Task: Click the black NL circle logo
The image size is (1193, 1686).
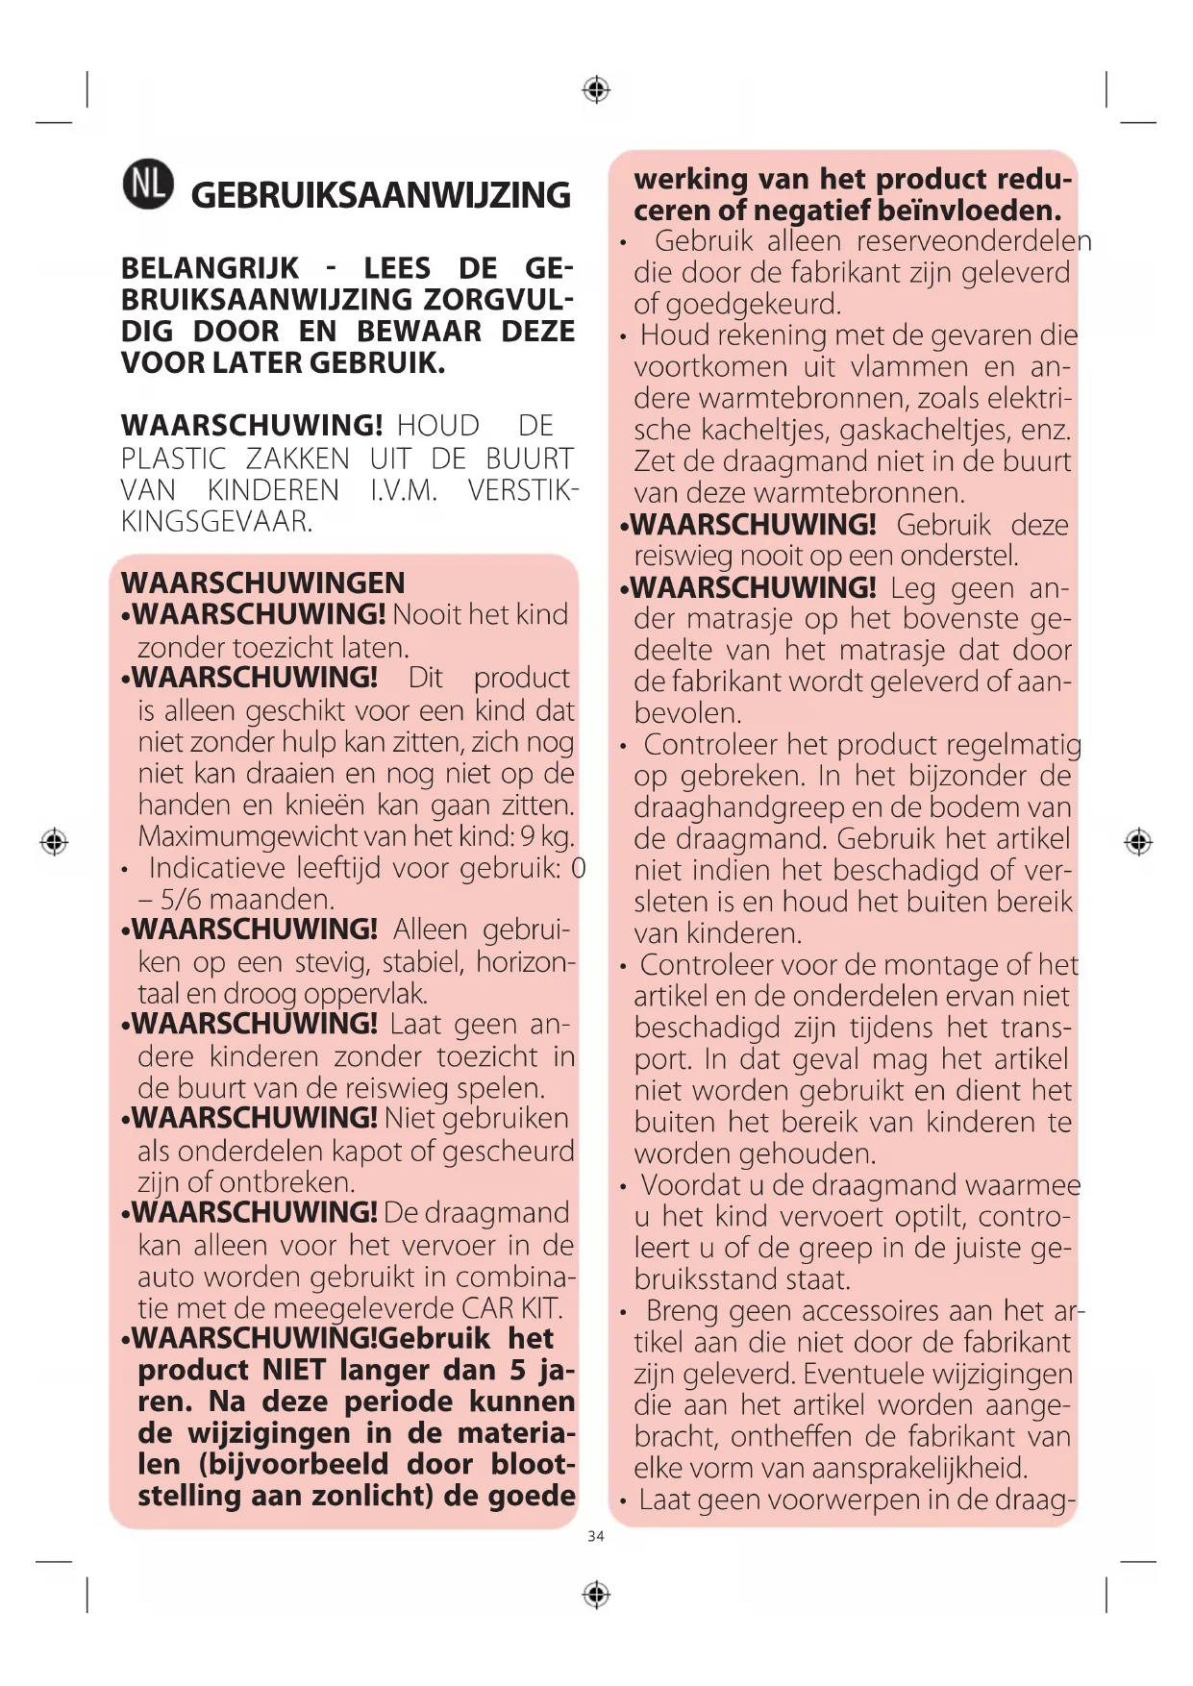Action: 148,185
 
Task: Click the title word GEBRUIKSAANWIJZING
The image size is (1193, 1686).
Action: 381,195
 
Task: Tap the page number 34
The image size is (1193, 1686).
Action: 596,1536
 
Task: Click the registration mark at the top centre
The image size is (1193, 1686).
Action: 596,89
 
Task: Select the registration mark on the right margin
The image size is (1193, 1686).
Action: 1138,842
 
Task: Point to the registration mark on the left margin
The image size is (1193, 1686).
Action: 54,842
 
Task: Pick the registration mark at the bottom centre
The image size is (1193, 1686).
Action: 596,1595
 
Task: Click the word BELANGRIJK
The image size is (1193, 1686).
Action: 210,268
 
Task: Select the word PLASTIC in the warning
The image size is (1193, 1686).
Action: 174,459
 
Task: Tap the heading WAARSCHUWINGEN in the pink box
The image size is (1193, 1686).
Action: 262,583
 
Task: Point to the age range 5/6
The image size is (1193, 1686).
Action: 180,900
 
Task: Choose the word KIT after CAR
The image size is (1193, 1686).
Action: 541,1308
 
